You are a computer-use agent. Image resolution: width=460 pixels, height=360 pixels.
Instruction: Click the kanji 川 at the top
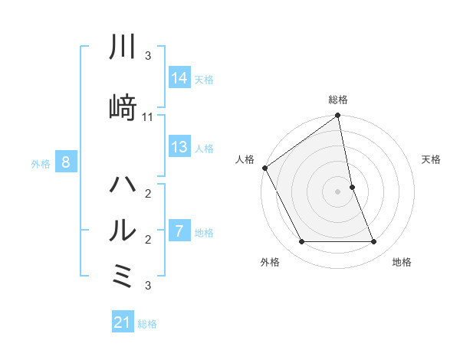coord(123,47)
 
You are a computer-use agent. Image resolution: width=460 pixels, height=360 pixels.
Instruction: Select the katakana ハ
coord(123,185)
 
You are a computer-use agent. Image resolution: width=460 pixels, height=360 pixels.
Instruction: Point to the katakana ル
coord(123,229)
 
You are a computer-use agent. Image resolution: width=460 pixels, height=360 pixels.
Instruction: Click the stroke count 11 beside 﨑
coord(148,117)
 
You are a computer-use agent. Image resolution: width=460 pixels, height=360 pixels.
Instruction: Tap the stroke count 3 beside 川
coord(148,56)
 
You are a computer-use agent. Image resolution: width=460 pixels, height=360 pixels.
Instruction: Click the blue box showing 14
coord(179,78)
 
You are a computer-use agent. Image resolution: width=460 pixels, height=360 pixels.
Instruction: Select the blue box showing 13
coord(179,147)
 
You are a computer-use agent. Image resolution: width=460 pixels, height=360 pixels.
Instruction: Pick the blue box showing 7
coord(179,231)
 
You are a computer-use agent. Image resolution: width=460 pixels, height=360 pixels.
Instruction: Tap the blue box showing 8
coord(66,162)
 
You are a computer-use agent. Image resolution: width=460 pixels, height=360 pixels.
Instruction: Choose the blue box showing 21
coord(123,323)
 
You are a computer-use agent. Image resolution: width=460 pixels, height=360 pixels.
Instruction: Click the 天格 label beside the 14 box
coord(204,79)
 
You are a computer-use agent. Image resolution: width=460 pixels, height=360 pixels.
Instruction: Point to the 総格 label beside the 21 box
coord(147,324)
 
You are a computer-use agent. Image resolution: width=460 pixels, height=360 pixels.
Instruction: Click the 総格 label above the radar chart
coord(338,100)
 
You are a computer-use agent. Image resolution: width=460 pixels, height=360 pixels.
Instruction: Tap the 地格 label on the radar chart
coord(402,263)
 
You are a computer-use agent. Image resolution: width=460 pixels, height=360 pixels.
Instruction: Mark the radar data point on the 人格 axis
coord(265,168)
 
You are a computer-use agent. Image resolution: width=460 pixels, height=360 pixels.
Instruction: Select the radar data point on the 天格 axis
coord(352,187)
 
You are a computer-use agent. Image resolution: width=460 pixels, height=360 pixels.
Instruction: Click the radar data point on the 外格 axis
coord(301,242)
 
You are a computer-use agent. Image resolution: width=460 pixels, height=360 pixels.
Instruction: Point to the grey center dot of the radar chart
coord(338,191)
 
